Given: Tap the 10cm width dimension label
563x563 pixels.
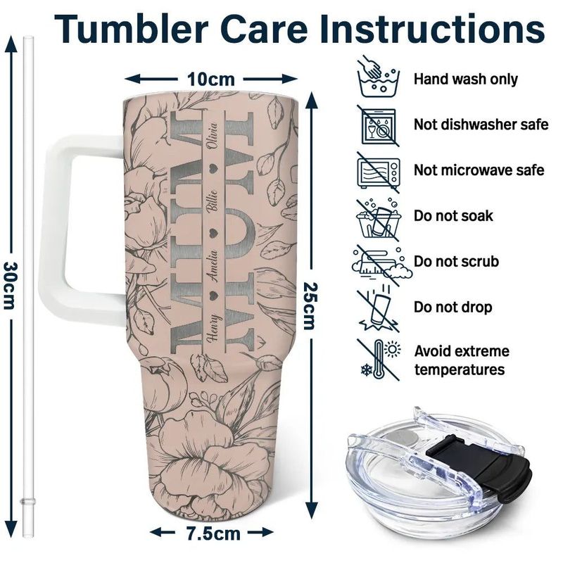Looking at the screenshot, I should tap(210, 78).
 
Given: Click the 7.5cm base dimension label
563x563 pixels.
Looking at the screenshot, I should tap(210, 533).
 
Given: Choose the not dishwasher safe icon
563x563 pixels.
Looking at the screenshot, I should tap(378, 125).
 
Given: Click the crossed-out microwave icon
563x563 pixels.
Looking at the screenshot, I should tap(378, 170).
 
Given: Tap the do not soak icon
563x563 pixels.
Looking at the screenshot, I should tap(378, 216).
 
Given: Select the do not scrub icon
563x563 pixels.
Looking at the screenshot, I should tap(378, 262).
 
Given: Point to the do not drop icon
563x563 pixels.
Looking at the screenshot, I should tap(378, 308).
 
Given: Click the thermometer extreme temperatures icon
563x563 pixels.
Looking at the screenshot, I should tap(378, 359).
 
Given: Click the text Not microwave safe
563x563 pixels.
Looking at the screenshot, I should tap(479, 170).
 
